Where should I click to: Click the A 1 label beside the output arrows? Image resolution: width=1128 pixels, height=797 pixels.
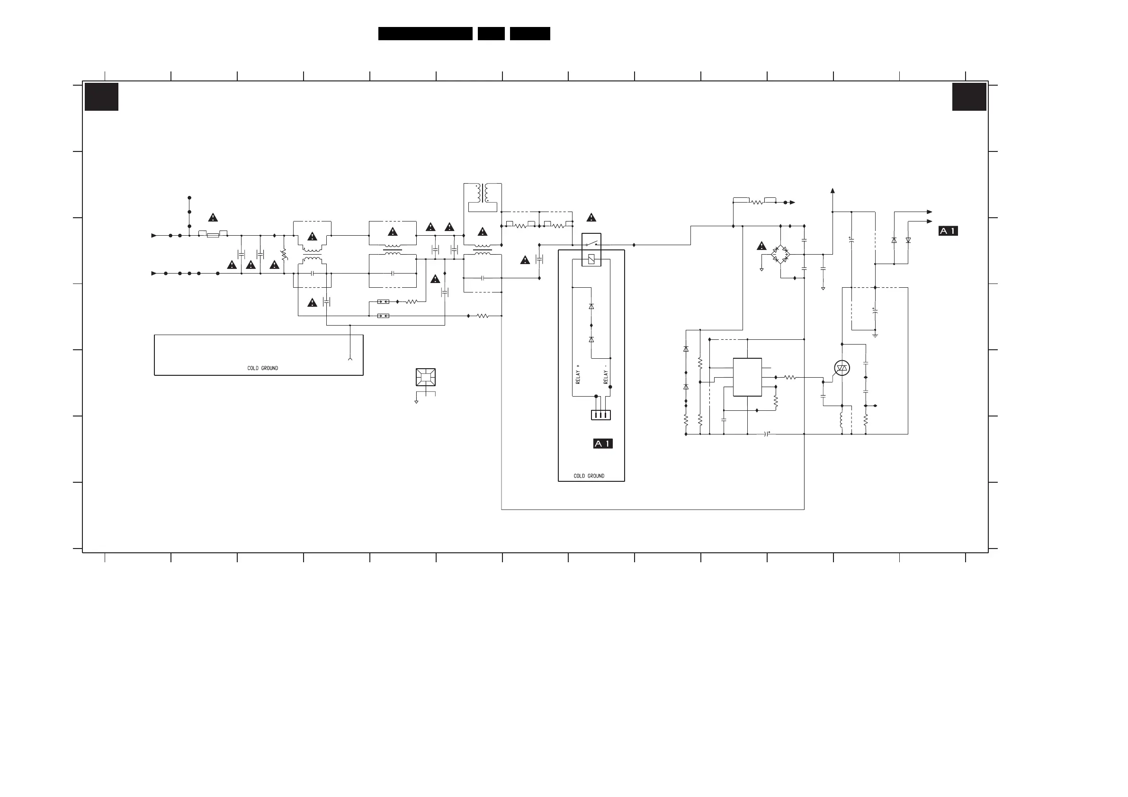pyautogui.click(x=948, y=231)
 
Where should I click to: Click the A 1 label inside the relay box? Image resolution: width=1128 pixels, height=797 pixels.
pyautogui.click(x=603, y=444)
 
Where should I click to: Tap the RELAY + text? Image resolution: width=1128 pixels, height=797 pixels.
pyautogui.click(x=578, y=374)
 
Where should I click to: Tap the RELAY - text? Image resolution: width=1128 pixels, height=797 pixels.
pyautogui.click(x=606, y=374)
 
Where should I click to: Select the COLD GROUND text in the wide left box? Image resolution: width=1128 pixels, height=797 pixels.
pyautogui.click(x=262, y=368)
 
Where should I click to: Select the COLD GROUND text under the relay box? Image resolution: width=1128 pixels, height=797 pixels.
pyautogui.click(x=589, y=476)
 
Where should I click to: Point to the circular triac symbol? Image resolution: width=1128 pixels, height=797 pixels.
pyautogui.click(x=842, y=368)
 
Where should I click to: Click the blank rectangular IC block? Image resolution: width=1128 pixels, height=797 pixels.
pyautogui.click(x=747, y=377)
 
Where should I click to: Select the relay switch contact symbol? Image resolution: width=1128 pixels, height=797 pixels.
pyautogui.click(x=591, y=243)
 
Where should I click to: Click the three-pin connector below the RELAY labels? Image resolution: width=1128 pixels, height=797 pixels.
pyautogui.click(x=601, y=415)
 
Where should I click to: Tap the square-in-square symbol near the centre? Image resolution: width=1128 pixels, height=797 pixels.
pyautogui.click(x=425, y=377)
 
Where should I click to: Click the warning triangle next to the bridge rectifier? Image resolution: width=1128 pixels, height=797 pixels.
pyautogui.click(x=761, y=246)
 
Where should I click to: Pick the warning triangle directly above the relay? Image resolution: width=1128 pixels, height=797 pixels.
pyautogui.click(x=591, y=218)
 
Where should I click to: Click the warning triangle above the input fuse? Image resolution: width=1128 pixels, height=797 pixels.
pyautogui.click(x=213, y=218)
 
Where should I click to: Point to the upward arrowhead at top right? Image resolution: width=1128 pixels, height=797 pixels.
pyautogui.click(x=832, y=191)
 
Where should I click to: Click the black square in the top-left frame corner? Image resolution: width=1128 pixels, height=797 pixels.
pyautogui.click(x=102, y=97)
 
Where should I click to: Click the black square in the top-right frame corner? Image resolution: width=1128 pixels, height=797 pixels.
pyautogui.click(x=969, y=97)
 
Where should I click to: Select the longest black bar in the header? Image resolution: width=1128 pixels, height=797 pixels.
pyautogui.click(x=425, y=34)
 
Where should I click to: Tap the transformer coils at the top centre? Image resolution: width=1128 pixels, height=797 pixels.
pyautogui.click(x=483, y=193)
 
